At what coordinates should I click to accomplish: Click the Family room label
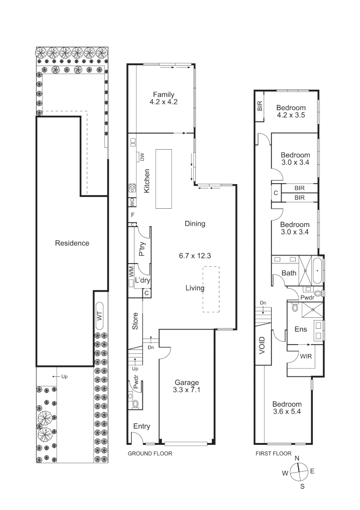click(x=163, y=94)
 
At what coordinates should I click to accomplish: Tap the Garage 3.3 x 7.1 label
click(x=187, y=386)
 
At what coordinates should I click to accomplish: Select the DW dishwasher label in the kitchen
click(x=142, y=157)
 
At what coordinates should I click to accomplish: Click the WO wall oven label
click(x=133, y=202)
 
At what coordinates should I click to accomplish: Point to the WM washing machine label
click(x=131, y=272)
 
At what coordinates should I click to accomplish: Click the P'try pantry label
click(x=142, y=249)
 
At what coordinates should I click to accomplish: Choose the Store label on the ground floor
click(x=135, y=321)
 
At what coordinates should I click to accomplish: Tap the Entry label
click(x=141, y=426)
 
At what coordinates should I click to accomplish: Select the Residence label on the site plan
click(x=72, y=243)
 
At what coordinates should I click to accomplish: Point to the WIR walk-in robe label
click(x=305, y=357)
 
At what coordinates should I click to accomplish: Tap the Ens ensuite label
click(x=301, y=329)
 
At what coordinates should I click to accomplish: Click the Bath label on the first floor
click(x=289, y=273)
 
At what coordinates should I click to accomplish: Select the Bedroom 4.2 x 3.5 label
click(x=291, y=111)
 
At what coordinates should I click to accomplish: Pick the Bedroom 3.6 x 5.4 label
click(x=287, y=408)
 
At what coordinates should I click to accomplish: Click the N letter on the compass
click(x=297, y=458)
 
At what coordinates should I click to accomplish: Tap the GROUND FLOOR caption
click(x=150, y=453)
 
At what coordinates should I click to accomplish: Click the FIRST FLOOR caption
click(x=273, y=453)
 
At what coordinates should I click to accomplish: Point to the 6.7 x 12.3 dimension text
click(x=194, y=256)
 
